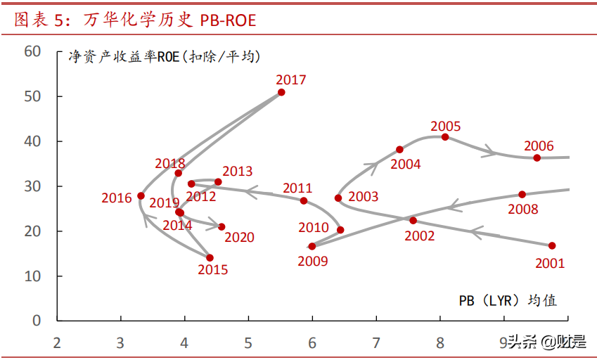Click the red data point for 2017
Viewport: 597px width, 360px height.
click(281, 92)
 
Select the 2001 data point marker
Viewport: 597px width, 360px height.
click(552, 245)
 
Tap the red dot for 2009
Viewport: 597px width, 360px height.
click(312, 246)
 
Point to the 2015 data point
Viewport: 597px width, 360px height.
click(210, 258)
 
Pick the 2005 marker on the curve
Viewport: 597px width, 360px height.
click(445, 136)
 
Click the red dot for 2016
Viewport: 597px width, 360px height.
click(141, 196)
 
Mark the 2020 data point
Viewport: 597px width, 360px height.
click(222, 226)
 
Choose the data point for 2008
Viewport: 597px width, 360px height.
click(522, 194)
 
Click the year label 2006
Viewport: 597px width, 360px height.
click(539, 146)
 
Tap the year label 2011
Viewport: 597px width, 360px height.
click(297, 188)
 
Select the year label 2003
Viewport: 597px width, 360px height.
click(363, 197)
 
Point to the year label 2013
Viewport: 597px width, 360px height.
click(237, 172)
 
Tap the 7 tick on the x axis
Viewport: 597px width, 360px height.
click(376, 343)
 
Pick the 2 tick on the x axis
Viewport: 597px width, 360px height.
click(57, 343)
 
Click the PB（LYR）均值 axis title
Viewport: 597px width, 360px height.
click(508, 300)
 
